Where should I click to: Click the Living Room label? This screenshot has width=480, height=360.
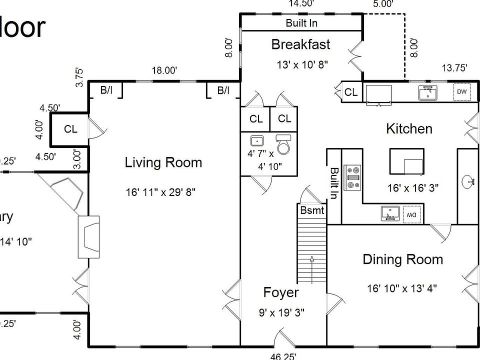163,162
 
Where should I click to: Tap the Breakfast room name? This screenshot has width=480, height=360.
300,44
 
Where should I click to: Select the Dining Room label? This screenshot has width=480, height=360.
402,259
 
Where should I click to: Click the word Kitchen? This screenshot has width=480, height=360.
409,129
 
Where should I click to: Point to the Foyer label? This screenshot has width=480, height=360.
281,293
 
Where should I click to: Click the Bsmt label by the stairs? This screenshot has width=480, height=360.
312,210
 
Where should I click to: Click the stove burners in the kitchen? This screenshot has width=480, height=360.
353,177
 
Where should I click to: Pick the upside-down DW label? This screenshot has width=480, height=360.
411,214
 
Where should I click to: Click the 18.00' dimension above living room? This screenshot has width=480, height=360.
164,71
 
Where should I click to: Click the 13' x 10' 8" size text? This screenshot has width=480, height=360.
302,65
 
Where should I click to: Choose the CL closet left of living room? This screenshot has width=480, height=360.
70,129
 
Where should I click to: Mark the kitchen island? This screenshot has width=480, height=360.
406,161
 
